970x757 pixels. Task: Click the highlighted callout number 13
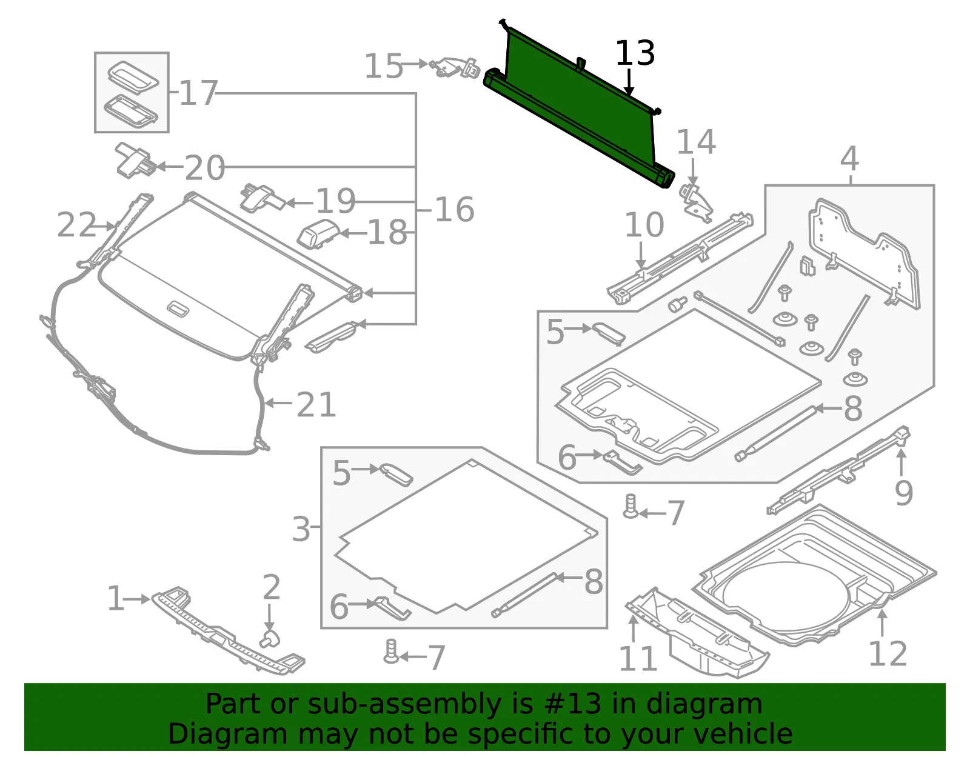click(x=635, y=53)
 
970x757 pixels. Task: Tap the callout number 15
click(x=383, y=66)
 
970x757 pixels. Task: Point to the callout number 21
click(x=316, y=405)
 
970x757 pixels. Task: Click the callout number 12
click(x=888, y=653)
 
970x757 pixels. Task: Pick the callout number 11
click(x=638, y=658)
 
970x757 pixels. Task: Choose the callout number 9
click(x=904, y=493)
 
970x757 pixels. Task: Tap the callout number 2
click(x=272, y=587)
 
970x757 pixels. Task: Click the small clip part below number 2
click(x=270, y=639)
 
